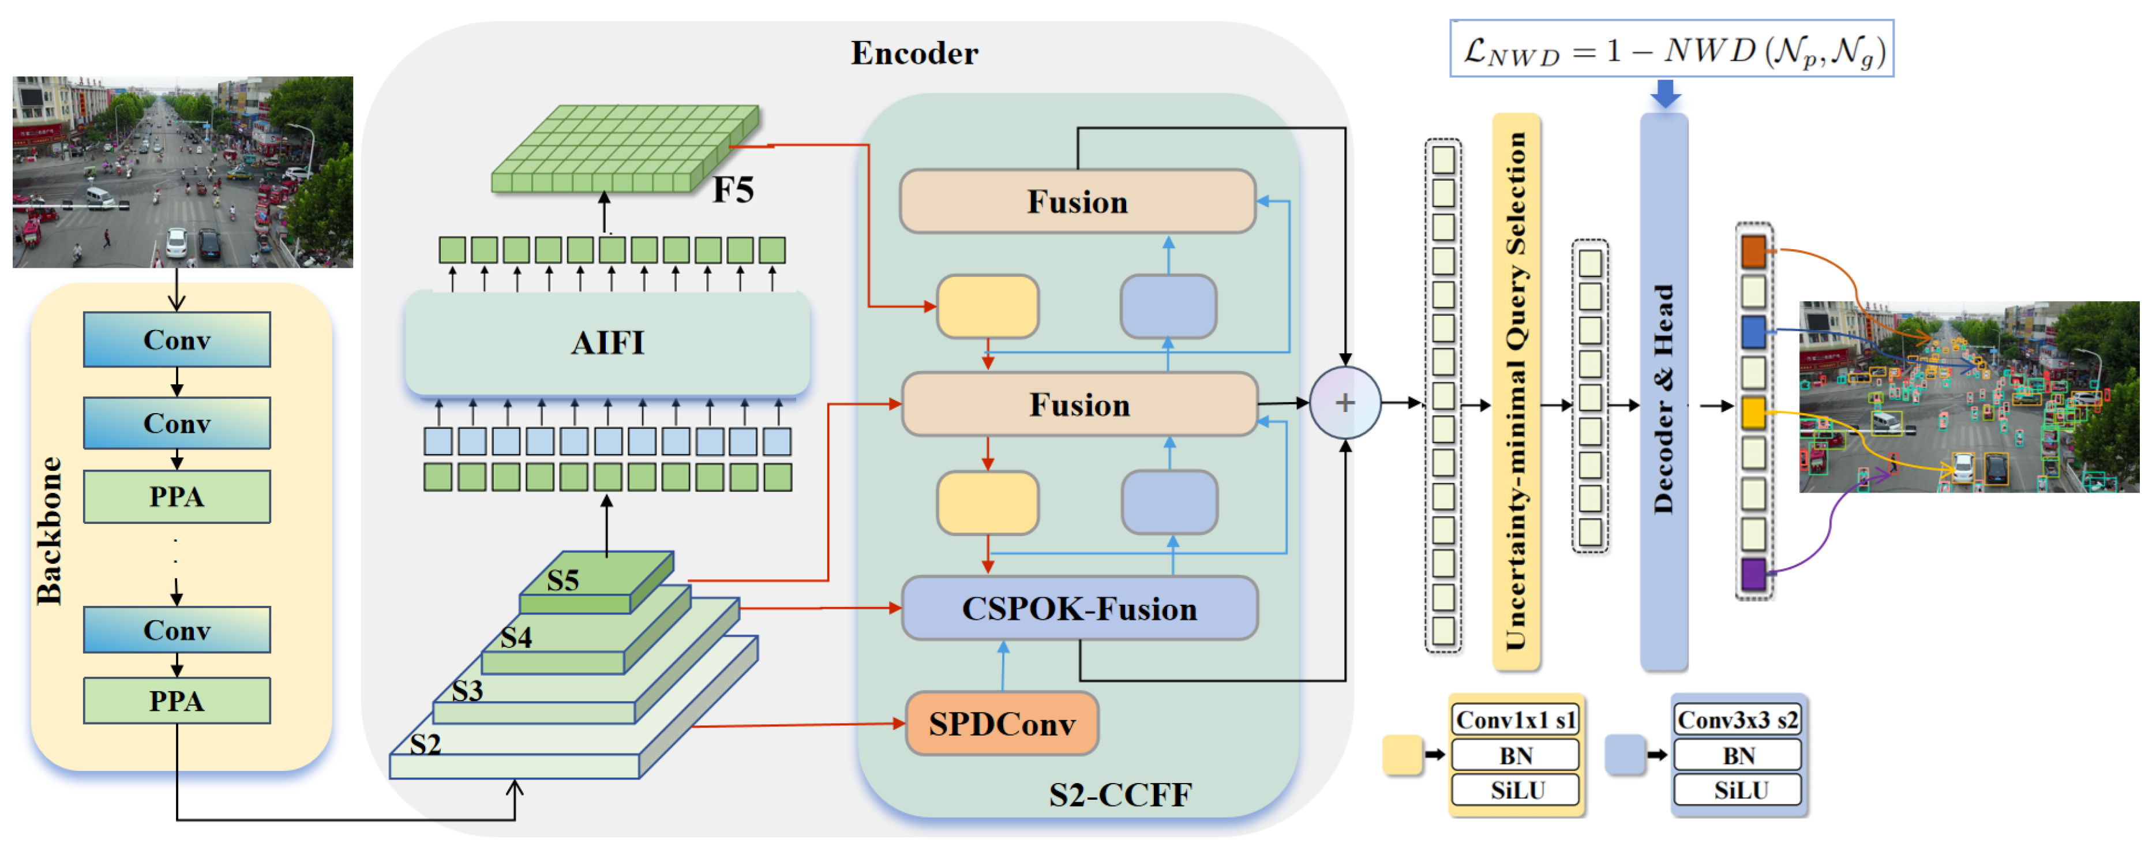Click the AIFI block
(608, 342)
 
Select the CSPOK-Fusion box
(1079, 609)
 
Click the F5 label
(733, 190)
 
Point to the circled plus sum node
(1344, 403)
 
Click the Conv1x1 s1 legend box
(1516, 720)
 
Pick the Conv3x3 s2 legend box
(1738, 720)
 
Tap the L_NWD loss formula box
(1671, 50)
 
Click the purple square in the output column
(1753, 574)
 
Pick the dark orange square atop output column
(1753, 251)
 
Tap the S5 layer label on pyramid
(563, 580)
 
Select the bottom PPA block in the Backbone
(177, 700)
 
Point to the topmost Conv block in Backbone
(177, 340)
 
